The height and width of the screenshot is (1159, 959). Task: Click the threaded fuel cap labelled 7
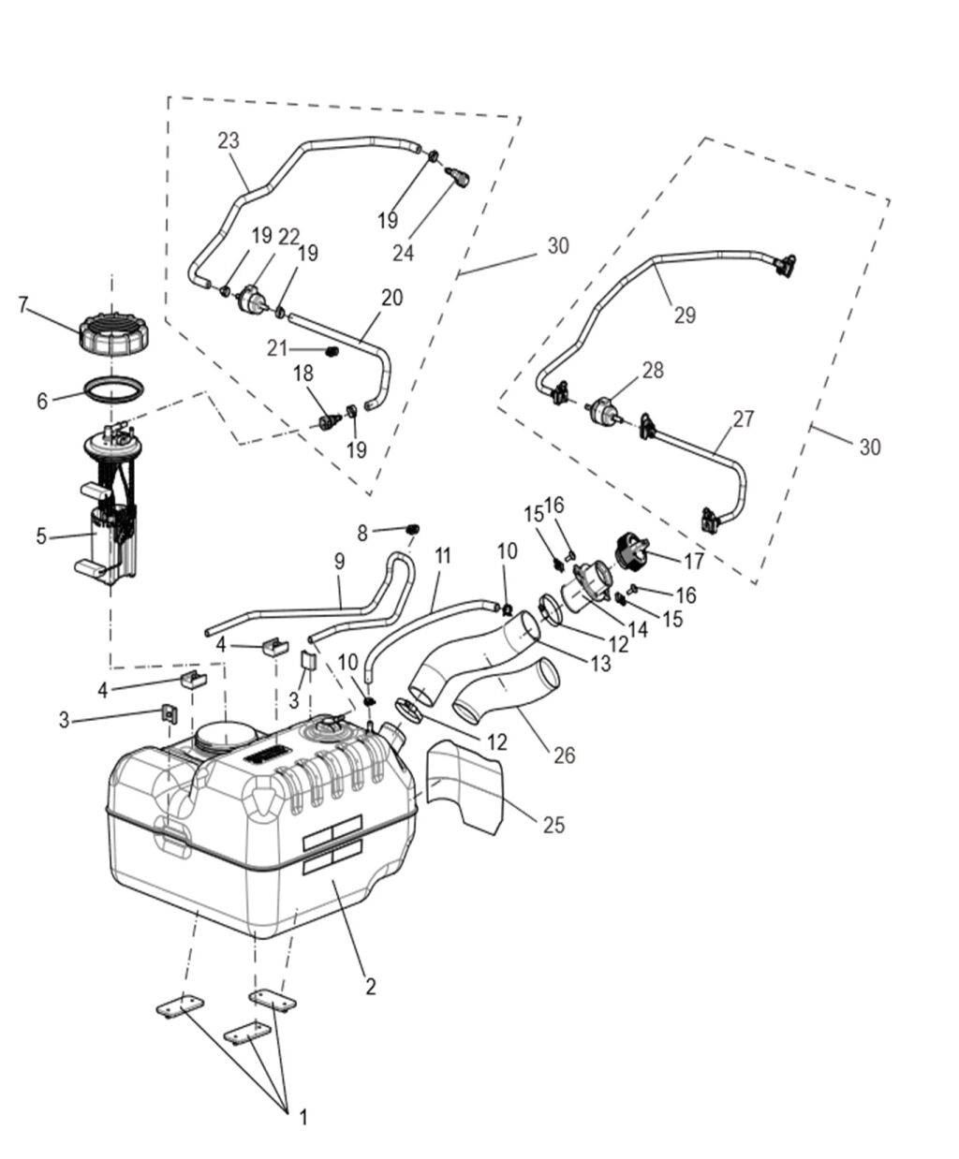(111, 333)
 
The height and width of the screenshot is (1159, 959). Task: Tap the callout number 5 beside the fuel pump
(41, 536)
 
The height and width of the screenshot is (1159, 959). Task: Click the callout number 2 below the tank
(371, 986)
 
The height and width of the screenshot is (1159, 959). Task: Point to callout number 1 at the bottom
(302, 1117)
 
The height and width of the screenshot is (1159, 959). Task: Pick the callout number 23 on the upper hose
(229, 140)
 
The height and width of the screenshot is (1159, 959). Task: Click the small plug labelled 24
(457, 176)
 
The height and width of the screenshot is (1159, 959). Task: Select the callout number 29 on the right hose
(685, 315)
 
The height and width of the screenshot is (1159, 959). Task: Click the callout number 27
(743, 418)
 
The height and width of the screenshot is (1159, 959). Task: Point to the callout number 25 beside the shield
(554, 826)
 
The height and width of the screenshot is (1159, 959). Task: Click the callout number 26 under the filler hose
(564, 754)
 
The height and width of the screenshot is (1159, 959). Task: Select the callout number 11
(442, 555)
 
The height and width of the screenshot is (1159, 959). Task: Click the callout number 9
(339, 562)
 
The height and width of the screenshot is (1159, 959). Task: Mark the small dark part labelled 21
(330, 351)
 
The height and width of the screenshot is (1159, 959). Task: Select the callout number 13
(599, 663)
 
